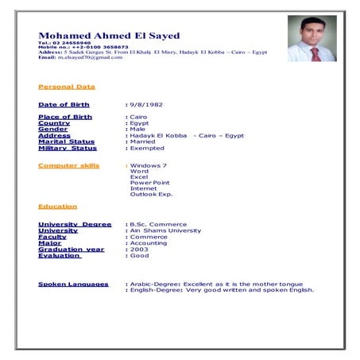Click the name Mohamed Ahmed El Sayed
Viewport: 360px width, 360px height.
pyautogui.click(x=109, y=36)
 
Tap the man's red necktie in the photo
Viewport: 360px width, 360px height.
pyautogui.click(x=315, y=53)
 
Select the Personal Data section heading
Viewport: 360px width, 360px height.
pyautogui.click(x=67, y=87)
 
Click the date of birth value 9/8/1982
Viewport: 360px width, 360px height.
pyautogui.click(x=149, y=105)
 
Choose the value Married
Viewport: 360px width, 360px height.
pyautogui.click(x=145, y=141)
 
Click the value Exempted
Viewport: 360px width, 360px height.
pyautogui.click(x=149, y=148)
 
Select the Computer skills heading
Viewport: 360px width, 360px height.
pyautogui.click(x=69, y=165)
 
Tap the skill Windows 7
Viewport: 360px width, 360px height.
pyautogui.click(x=149, y=165)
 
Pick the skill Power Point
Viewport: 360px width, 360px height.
pyautogui.click(x=150, y=182)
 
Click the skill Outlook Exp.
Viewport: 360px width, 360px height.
pyautogui.click(x=151, y=194)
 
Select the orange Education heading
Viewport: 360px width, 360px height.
pyautogui.click(x=58, y=207)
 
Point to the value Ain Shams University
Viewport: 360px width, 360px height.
pyautogui.click(x=165, y=230)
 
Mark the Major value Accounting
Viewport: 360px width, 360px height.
pyautogui.click(x=149, y=243)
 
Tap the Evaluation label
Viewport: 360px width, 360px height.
pyautogui.click(x=60, y=255)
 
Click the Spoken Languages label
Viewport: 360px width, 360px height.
pyautogui.click(x=73, y=284)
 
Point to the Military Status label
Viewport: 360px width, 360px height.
pyautogui.click(x=68, y=148)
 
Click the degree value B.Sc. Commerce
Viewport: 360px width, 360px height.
pyautogui.click(x=158, y=224)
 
